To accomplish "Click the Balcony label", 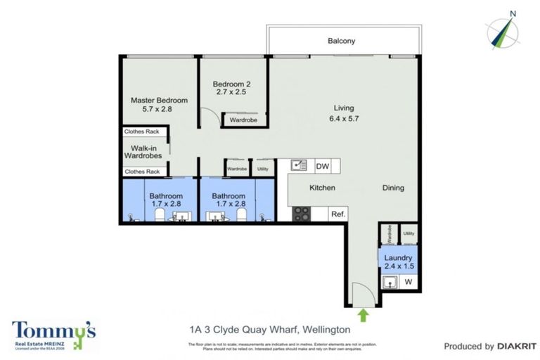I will [341, 41].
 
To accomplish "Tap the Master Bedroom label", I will [160, 101].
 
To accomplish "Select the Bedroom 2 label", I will [231, 84].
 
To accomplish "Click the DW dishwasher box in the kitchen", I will [322, 166].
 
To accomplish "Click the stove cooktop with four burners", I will [302, 214].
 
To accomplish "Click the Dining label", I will [393, 188].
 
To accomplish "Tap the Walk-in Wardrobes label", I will [143, 152].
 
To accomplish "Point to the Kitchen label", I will [322, 188].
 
